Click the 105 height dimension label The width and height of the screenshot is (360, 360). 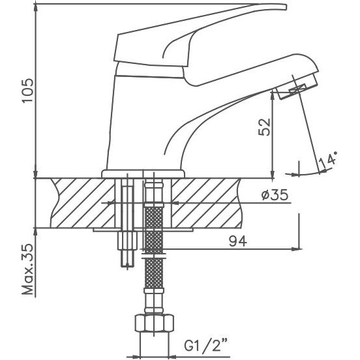coord(27,91)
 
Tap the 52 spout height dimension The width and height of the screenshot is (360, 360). coord(265,127)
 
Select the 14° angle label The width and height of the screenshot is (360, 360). coord(329,159)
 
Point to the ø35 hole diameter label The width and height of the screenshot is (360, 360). coord(275,195)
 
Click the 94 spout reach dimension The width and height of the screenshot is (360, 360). coord(238,241)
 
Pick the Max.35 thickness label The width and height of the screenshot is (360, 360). coord(27,269)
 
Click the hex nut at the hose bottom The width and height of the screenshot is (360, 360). coord(154,323)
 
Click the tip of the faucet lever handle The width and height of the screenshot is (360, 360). coord(286,7)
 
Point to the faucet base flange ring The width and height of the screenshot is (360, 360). coord(143,173)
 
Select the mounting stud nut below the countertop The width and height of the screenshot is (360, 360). coord(127,241)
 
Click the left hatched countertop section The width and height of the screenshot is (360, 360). coord(83,203)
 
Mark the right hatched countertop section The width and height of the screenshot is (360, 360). coord(206,203)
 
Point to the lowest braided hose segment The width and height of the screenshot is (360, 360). coord(154,273)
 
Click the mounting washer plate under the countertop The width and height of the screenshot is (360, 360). coord(142,230)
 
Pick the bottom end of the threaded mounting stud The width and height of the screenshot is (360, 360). coord(127,266)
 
